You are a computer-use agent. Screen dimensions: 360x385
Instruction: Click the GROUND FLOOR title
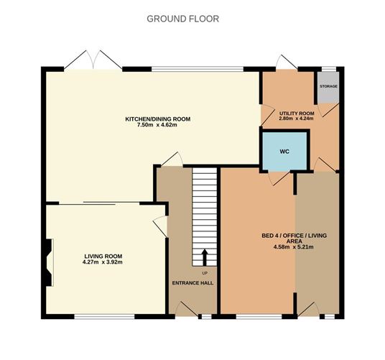coord(183,18)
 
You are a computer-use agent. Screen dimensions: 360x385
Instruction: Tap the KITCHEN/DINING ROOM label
coord(158,119)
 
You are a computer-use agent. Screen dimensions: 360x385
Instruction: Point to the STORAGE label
coord(329,86)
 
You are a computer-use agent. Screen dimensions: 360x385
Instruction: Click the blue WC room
coord(284,152)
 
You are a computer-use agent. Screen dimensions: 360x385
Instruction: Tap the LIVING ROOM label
coord(103,256)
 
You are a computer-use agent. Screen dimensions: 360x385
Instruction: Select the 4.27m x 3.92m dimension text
coord(103,263)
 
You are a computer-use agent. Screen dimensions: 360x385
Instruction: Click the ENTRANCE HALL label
coord(192,282)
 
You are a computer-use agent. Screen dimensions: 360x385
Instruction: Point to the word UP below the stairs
coord(205,273)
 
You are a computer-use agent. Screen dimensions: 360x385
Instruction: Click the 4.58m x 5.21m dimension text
coord(294,247)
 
